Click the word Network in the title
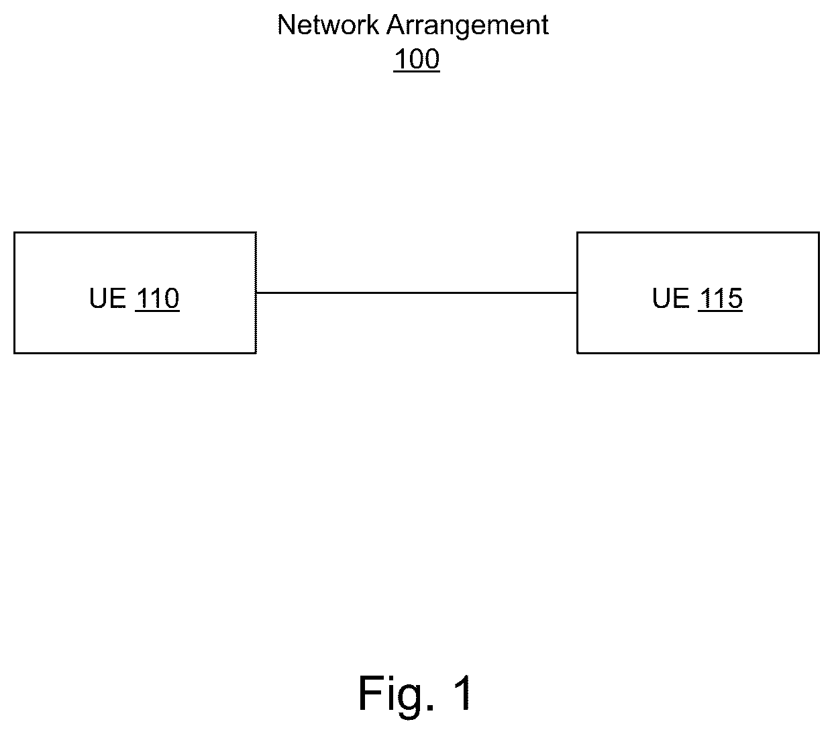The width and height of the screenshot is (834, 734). point(328,25)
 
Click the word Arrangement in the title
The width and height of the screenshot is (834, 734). point(468,28)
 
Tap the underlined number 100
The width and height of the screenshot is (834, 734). point(417,59)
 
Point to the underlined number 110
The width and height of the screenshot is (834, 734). point(157,299)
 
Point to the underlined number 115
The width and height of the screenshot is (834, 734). point(721,299)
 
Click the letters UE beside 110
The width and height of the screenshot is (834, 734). point(107,298)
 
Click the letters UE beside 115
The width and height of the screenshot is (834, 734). point(670,298)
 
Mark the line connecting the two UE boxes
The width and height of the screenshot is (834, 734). point(417,293)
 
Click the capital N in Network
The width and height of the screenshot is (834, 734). point(286,25)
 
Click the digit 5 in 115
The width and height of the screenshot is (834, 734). point(735,299)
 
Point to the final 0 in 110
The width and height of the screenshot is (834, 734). point(172,299)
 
